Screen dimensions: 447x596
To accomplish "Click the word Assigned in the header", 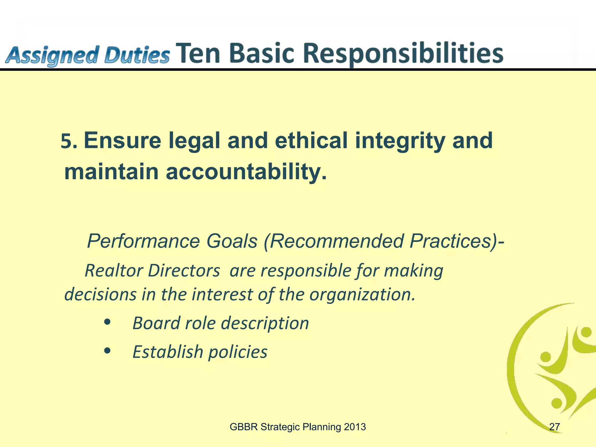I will click(51, 56).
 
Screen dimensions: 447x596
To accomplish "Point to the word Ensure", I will click(123, 141).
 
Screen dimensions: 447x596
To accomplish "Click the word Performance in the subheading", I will click(143, 241).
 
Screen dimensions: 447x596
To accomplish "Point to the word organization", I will click(362, 295).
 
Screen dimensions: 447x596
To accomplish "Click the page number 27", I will click(554, 427).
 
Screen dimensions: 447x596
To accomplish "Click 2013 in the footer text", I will click(354, 427).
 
